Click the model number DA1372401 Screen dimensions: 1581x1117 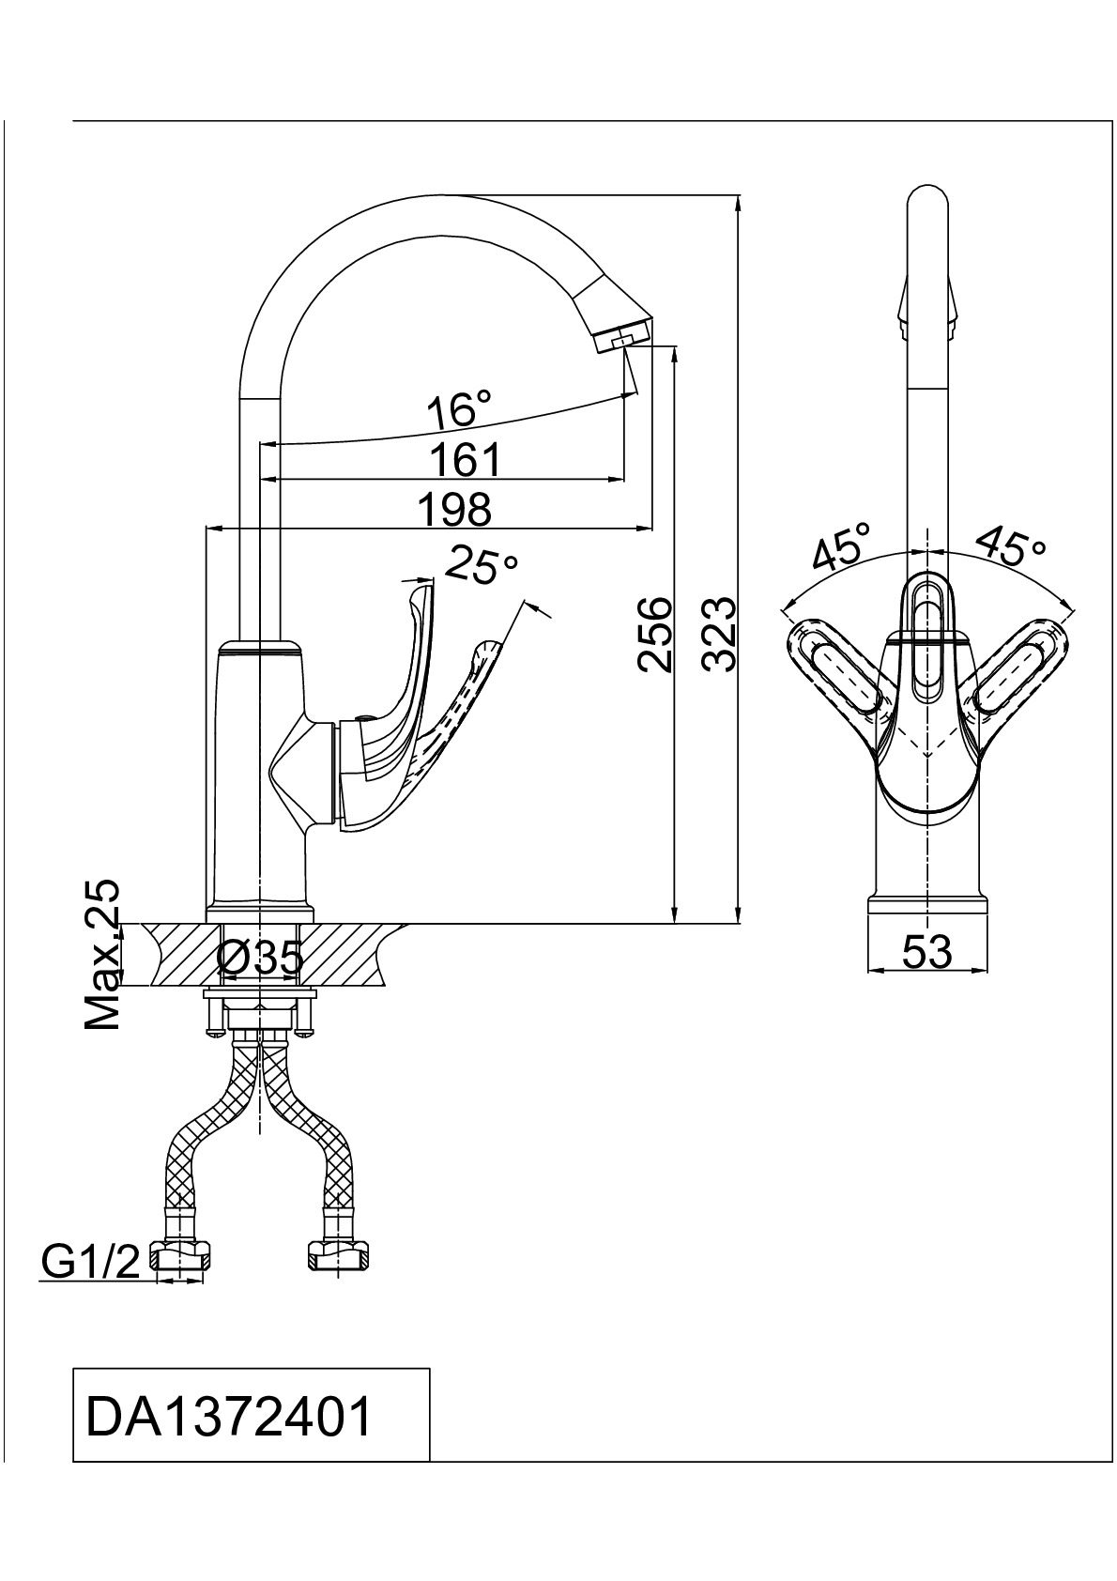[x=229, y=1417]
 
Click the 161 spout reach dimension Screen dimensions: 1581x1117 [x=465, y=461]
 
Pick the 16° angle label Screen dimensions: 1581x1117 [x=458, y=410]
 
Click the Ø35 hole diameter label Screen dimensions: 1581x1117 [x=260, y=958]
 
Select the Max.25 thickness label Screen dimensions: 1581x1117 [x=103, y=955]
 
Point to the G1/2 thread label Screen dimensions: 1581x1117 [x=90, y=1264]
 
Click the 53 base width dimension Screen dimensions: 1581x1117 [x=926, y=952]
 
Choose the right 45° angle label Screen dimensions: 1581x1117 [x=1010, y=547]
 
